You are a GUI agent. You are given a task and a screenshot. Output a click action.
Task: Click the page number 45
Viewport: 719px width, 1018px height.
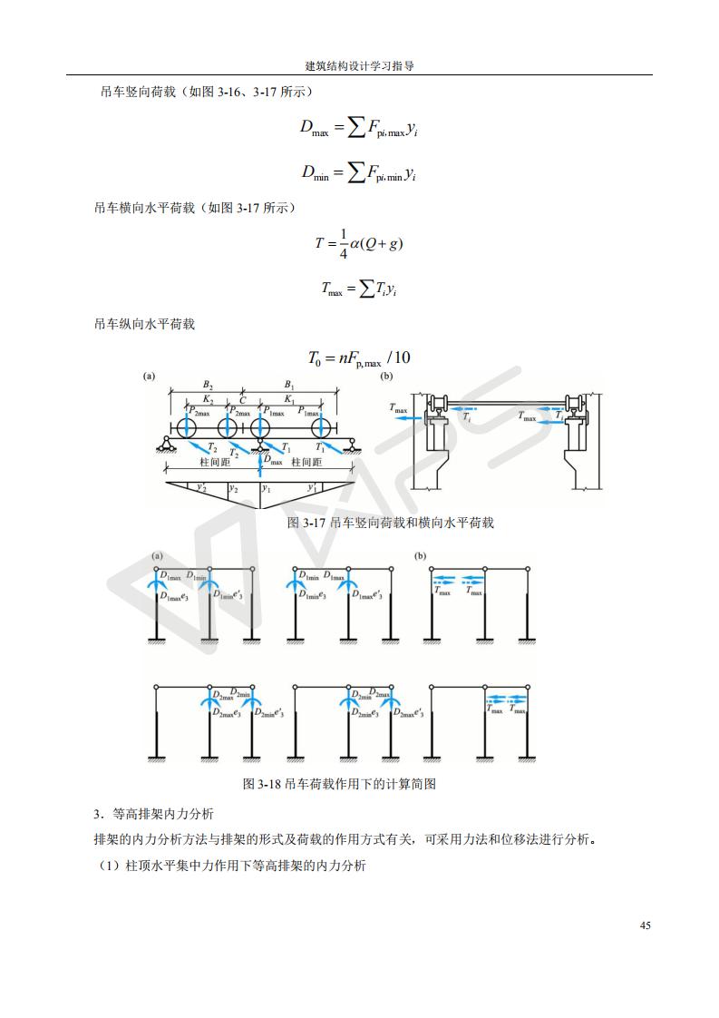[x=645, y=925]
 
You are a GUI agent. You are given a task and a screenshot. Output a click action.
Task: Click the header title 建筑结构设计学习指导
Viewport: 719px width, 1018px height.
[x=359, y=66]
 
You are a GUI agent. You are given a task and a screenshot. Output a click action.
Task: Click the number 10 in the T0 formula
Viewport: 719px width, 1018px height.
[x=402, y=357]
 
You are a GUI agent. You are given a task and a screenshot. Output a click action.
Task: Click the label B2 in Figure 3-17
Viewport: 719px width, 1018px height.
[x=208, y=383]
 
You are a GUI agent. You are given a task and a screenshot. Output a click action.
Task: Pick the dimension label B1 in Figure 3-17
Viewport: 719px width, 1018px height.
[x=289, y=383]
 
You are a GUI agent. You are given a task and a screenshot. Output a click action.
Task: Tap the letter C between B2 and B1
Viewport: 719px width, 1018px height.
[x=242, y=399]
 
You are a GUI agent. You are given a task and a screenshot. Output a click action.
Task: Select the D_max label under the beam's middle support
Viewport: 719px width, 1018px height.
[x=273, y=462]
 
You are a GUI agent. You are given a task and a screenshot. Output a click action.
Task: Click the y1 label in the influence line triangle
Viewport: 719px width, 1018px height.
[x=267, y=488]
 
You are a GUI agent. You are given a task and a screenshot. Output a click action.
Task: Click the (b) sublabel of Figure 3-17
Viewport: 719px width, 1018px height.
[x=386, y=376]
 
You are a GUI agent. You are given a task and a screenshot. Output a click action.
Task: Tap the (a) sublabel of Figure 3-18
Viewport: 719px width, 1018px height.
[x=157, y=556]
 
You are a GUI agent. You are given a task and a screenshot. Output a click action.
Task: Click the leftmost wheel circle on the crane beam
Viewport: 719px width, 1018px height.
[x=186, y=426]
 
